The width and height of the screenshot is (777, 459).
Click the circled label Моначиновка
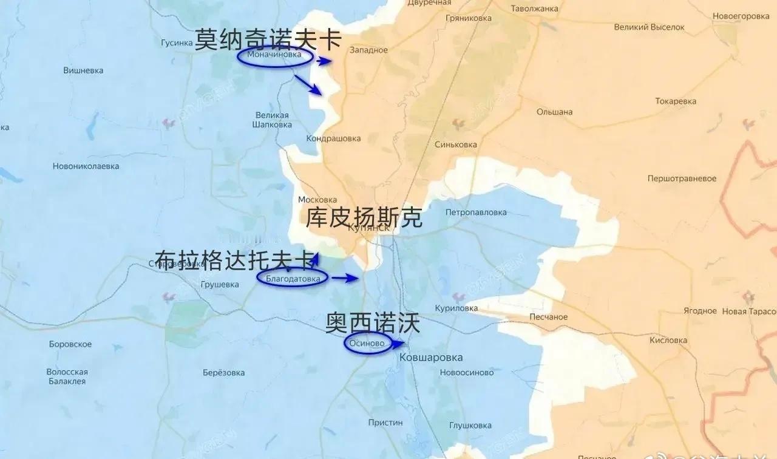(274, 56)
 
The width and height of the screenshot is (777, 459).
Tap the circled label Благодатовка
(293, 278)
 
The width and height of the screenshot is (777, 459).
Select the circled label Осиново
(367, 344)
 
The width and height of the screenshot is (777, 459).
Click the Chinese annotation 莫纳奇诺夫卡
(268, 41)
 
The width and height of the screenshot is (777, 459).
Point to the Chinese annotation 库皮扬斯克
(364, 218)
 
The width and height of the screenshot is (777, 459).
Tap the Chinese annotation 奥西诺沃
(373, 323)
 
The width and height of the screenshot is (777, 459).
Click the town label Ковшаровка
(431, 358)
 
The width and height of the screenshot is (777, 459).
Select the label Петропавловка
(476, 212)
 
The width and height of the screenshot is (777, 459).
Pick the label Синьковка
(456, 144)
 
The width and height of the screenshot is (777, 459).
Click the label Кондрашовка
(333, 138)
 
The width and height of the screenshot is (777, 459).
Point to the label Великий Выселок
(649, 27)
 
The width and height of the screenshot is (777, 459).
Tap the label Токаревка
(676, 101)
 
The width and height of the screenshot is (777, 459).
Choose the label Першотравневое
(682, 178)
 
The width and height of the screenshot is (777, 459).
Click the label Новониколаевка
(86, 166)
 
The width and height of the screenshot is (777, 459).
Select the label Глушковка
(470, 426)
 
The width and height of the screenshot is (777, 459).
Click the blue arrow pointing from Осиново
(397, 344)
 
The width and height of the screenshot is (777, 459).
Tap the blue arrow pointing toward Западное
(325, 61)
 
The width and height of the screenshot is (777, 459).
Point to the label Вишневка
(83, 70)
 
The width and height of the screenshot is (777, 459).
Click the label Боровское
(70, 344)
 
